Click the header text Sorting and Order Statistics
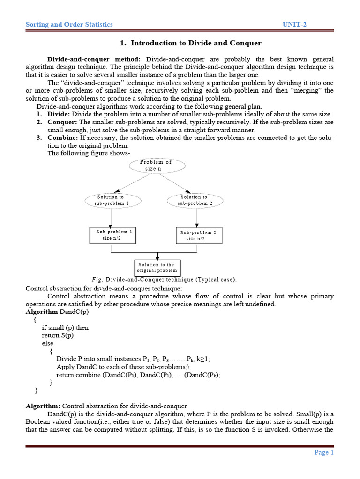[x=69, y=24]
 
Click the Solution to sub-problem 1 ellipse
[x=111, y=200]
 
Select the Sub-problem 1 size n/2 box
[x=112, y=235]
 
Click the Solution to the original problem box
[x=157, y=268]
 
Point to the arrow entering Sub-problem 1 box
[x=111, y=218]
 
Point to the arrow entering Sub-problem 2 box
[x=197, y=218]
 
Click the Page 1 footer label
[x=323, y=452]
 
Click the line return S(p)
[x=58, y=335]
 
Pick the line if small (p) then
[x=65, y=327]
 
